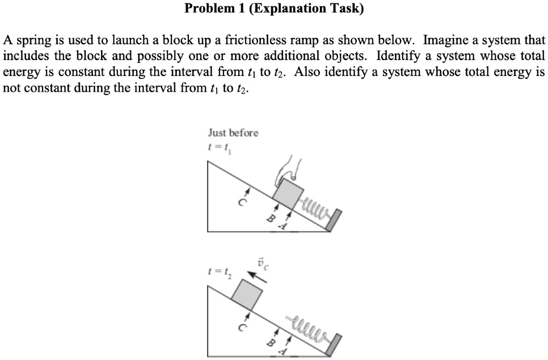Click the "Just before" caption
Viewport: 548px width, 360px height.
(x=233, y=133)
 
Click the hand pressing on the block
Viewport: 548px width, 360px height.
(x=288, y=167)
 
